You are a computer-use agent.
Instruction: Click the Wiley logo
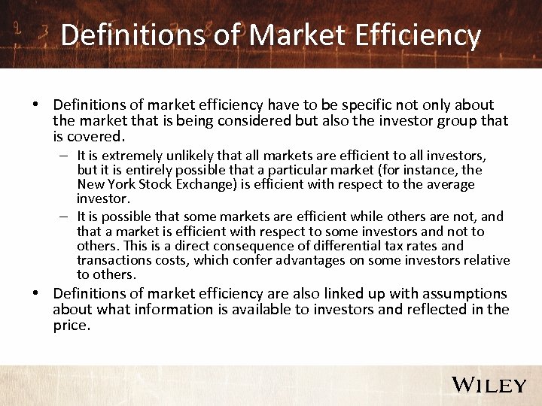click(489, 385)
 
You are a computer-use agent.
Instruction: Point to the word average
click(452, 184)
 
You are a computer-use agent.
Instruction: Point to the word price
click(72, 326)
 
